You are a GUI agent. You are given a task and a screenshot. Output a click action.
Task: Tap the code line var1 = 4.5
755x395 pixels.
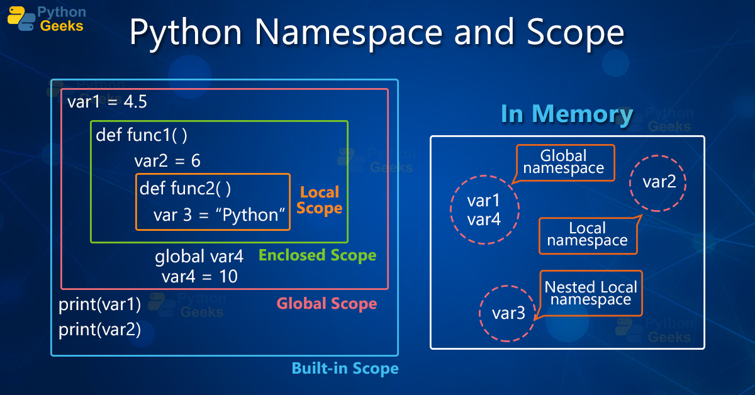point(108,102)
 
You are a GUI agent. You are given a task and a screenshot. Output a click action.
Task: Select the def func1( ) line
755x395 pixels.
point(142,135)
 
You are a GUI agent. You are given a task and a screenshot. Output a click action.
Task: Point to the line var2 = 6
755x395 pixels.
point(167,161)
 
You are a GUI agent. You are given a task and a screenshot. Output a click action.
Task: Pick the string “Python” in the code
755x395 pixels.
point(250,215)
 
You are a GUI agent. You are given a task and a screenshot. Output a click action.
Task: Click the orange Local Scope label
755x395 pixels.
point(319,200)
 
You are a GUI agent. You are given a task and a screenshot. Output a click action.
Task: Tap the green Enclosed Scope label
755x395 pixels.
point(318,255)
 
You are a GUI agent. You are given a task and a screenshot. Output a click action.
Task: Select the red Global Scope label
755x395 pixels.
point(327,304)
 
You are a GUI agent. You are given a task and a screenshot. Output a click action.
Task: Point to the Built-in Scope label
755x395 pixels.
point(345,368)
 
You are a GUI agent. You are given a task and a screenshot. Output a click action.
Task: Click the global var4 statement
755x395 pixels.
point(199,257)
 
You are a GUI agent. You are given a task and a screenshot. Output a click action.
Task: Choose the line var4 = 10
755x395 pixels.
point(199,276)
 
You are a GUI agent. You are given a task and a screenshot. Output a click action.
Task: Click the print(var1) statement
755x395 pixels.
point(100,305)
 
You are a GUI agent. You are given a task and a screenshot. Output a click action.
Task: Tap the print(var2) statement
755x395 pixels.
point(100,330)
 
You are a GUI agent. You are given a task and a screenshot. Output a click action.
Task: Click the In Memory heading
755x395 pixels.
point(567,114)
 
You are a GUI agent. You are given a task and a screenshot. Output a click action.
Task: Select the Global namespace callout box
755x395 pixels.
point(564,162)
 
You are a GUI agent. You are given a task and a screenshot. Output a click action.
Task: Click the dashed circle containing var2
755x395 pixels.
point(658,182)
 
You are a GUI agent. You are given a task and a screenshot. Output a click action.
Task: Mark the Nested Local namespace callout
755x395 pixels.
point(590,293)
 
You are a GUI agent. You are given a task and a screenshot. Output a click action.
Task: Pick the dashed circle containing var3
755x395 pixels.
point(508,313)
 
